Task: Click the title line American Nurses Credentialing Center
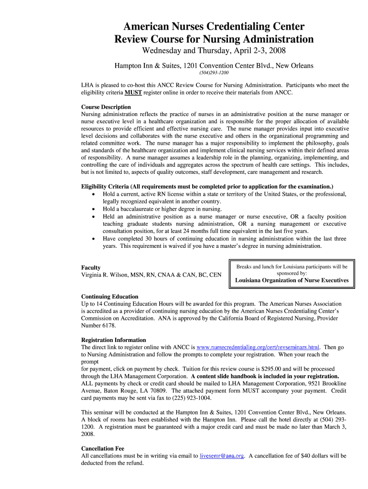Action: (214, 26)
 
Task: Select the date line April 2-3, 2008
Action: (214, 51)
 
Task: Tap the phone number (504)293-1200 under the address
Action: (214, 73)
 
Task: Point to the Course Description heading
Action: (106, 107)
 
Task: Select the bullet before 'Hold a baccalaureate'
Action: (93, 209)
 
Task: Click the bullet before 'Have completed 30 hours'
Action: (93, 239)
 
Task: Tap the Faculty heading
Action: (91, 267)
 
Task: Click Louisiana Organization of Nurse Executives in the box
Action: (292, 280)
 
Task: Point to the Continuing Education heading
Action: (109, 297)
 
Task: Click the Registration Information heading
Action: (113, 340)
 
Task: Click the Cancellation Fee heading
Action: (102, 449)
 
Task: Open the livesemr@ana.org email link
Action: (222, 456)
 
